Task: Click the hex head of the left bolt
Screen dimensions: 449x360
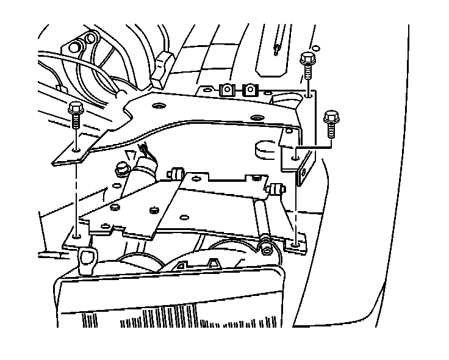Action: point(76,109)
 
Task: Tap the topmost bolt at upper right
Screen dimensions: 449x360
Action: point(307,60)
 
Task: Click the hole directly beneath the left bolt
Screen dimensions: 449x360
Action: point(76,148)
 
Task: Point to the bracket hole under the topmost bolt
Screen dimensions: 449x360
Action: point(309,94)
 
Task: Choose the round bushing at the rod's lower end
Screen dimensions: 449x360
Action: point(266,247)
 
